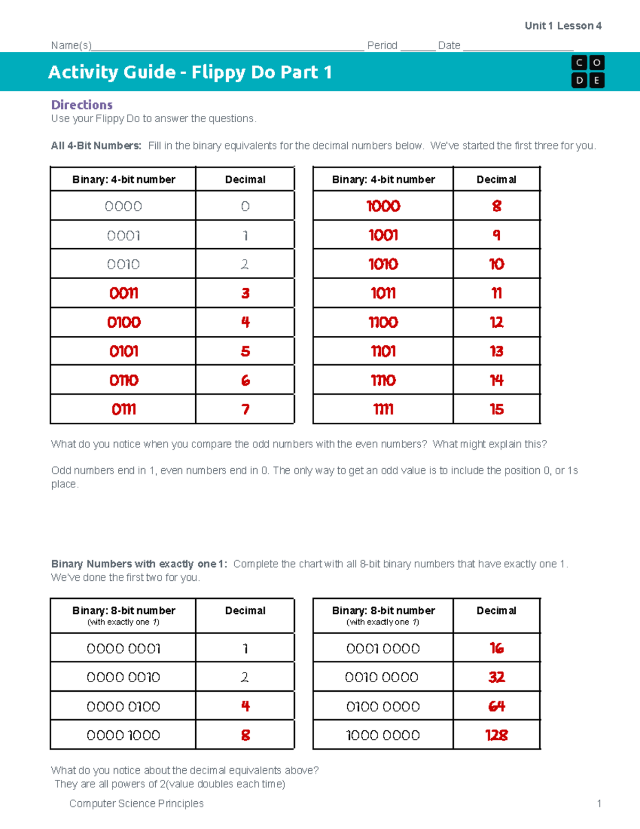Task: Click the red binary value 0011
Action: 124,293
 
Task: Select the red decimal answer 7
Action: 245,409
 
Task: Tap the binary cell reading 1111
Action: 383,409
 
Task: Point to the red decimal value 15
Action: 497,409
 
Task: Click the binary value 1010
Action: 383,264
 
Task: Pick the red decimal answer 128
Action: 497,735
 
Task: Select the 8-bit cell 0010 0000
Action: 382,677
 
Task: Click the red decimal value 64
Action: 497,706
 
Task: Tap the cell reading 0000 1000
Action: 123,735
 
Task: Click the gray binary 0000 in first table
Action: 123,207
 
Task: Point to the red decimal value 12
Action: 497,322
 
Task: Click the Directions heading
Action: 82,105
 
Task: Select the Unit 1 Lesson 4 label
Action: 563,26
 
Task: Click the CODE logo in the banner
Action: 588,72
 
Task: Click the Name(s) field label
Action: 71,45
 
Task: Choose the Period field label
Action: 382,45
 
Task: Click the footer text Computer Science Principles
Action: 137,803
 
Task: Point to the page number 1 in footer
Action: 599,803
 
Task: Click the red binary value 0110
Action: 124,381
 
